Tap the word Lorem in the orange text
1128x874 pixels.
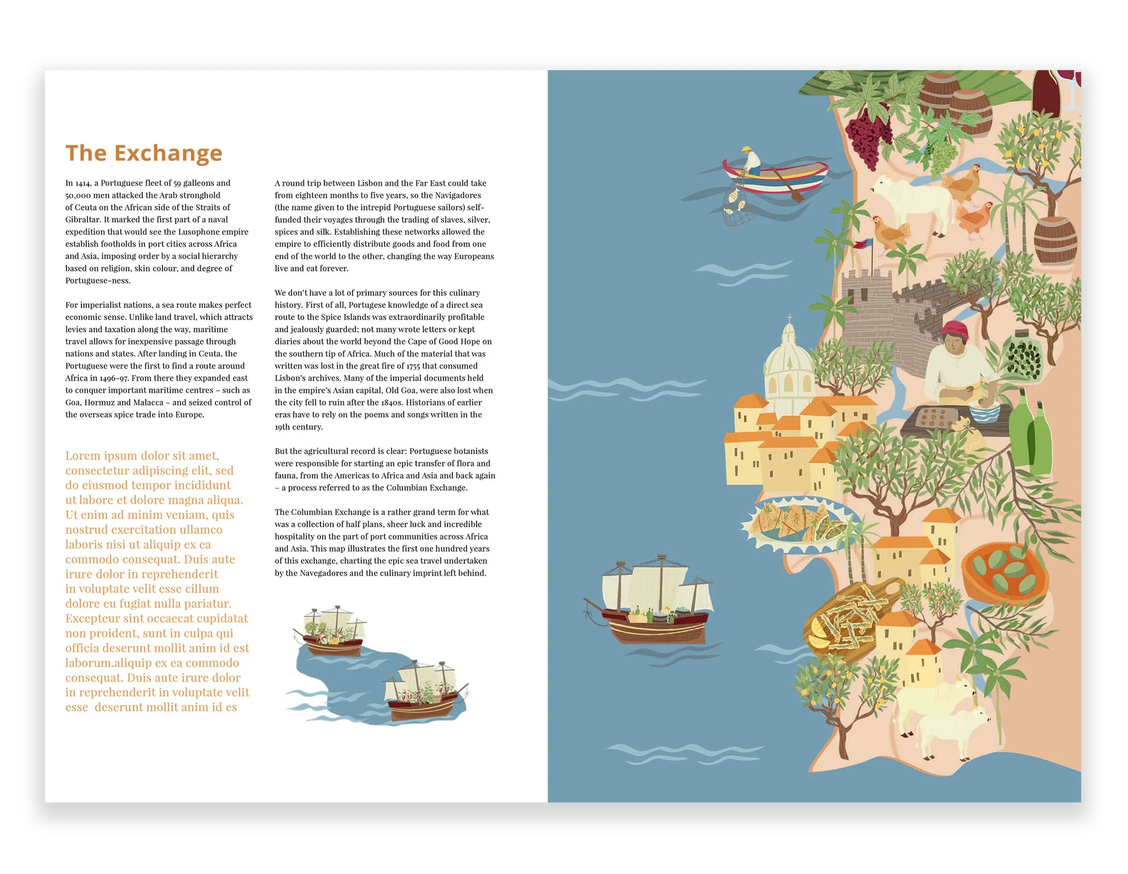coord(82,456)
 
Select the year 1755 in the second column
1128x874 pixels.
coord(413,366)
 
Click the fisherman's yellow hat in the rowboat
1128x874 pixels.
coord(746,150)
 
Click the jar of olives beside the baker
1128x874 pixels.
coord(1023,356)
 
